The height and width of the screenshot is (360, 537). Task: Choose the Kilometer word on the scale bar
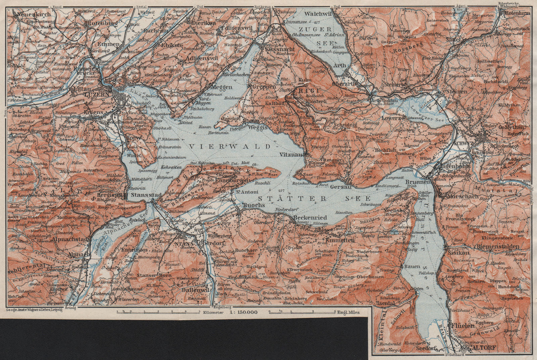[213, 312]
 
